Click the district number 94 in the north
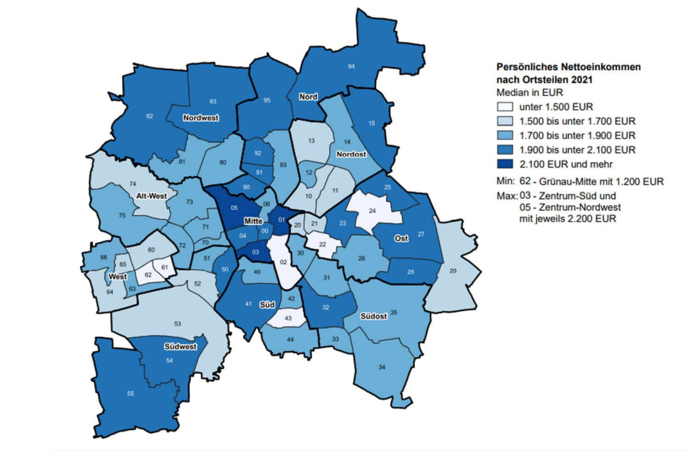tap(351, 66)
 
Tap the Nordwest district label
tap(201, 118)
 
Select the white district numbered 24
tap(372, 210)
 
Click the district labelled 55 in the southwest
tap(131, 393)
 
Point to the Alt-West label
tap(151, 195)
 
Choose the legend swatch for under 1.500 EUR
tap(505, 106)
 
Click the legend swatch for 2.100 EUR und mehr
tap(505, 165)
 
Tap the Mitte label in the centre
tap(254, 221)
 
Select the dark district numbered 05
tap(235, 208)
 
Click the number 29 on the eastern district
tap(452, 271)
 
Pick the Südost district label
tap(374, 316)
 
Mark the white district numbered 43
tap(288, 319)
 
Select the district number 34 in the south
tap(382, 367)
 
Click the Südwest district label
tap(180, 346)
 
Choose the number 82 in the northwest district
tap(150, 116)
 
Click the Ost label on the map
tap(401, 239)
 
